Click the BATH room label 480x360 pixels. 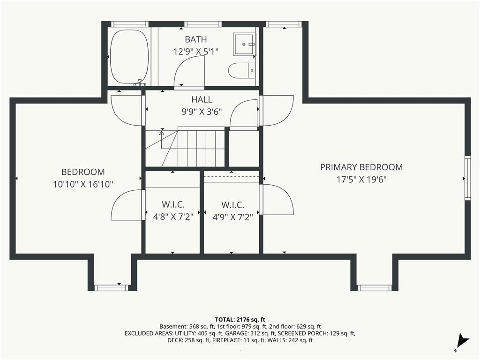tap(196, 39)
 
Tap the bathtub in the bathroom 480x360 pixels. tap(129, 56)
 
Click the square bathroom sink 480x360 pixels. tap(244, 45)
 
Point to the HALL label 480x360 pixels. tap(202, 99)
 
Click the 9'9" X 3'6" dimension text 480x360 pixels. tap(202, 112)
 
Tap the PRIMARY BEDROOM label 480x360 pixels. tap(361, 167)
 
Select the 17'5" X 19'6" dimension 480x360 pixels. tap(361, 180)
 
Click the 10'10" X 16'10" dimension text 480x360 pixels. tap(83, 184)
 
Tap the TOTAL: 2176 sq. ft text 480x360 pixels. tap(240, 320)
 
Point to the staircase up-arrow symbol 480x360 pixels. tap(162, 133)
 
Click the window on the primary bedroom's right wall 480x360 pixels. tap(467, 178)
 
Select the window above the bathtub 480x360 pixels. tap(129, 24)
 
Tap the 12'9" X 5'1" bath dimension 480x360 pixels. tap(196, 52)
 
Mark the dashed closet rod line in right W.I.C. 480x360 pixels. tap(232, 177)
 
